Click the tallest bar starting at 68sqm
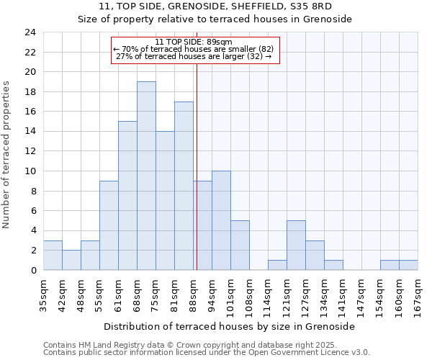146,176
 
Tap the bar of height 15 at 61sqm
127,195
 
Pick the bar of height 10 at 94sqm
221,220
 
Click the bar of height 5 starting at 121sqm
296,245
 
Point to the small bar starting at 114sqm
277,265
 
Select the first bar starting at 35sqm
53,255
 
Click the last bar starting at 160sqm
408,265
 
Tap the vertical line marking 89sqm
197,166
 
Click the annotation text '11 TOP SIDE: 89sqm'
193,42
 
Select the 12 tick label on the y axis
30,151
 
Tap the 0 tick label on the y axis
33,270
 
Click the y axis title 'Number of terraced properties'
6,154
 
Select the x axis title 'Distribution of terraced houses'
229,326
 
